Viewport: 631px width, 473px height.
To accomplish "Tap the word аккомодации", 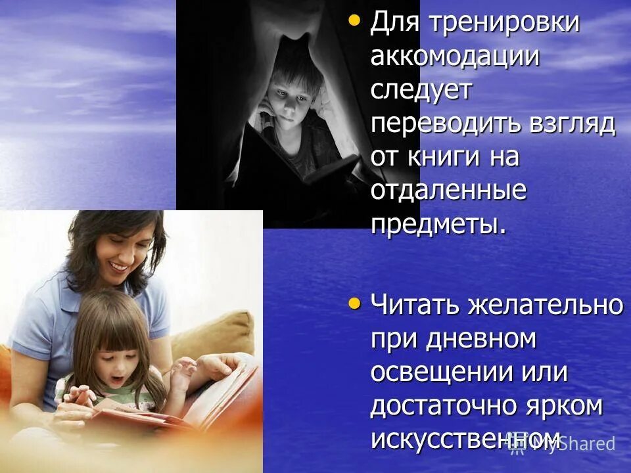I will tap(455, 56).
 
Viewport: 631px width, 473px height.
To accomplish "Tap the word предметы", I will tap(438, 225).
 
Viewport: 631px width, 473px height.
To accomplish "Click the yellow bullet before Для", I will tap(354, 20).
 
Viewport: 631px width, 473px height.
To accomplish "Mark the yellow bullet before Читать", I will tap(354, 303).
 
